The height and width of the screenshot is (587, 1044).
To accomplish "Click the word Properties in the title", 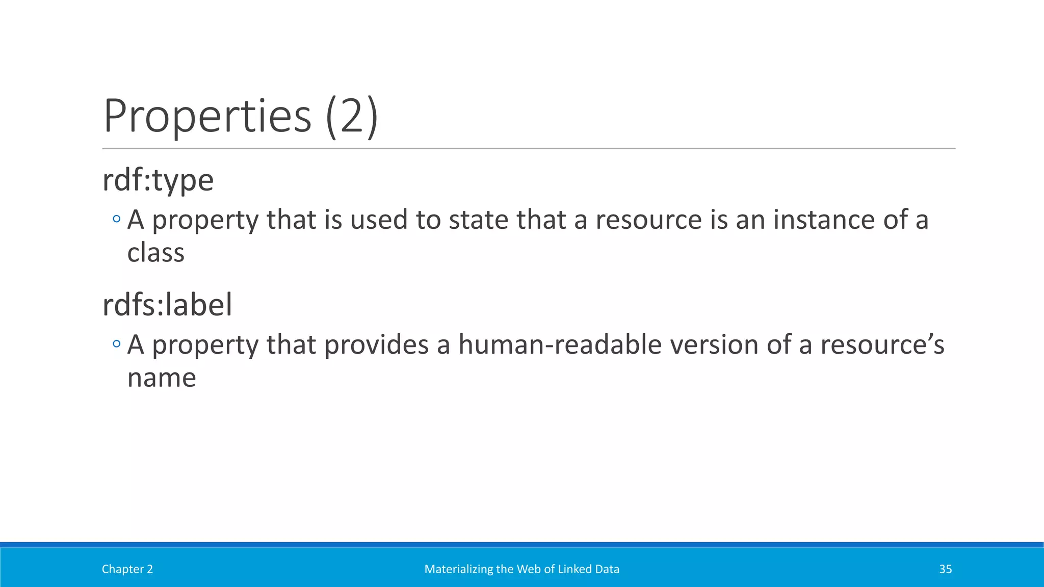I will pyautogui.click(x=207, y=116).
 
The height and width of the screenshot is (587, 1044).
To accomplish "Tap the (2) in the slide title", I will pyautogui.click(x=352, y=116).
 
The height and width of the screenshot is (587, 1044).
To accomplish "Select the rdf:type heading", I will pyautogui.click(x=158, y=180).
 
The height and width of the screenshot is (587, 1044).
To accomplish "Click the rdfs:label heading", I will pyautogui.click(x=167, y=305).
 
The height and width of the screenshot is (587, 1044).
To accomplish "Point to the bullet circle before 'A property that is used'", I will pyautogui.click(x=117, y=220).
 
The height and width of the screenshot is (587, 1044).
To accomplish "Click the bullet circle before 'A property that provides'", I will pyautogui.click(x=117, y=344).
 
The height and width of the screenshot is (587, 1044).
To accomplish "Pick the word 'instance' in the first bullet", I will pyautogui.click(x=824, y=220).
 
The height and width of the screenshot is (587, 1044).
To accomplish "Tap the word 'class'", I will pyautogui.click(x=155, y=253).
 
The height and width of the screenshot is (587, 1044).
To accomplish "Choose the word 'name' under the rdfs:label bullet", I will pyautogui.click(x=162, y=378).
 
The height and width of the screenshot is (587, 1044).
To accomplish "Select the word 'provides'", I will pyautogui.click(x=376, y=344).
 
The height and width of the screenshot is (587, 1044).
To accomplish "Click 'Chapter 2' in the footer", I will pyautogui.click(x=127, y=569).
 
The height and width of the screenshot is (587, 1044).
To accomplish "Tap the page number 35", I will pyautogui.click(x=945, y=569).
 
